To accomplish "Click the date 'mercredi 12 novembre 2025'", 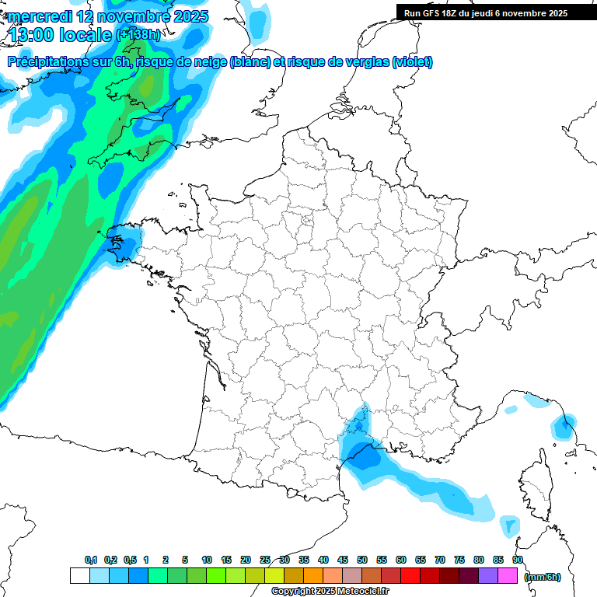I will [x=108, y=16].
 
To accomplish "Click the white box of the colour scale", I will [x=79, y=576].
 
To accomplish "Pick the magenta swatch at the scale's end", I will [x=508, y=576].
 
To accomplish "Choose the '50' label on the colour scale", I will [x=362, y=560].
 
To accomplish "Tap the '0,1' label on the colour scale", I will [x=90, y=560].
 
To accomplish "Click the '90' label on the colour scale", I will [x=518, y=560].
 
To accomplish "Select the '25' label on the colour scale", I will [x=265, y=560].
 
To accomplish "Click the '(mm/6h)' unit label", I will [x=542, y=577].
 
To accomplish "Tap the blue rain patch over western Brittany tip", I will [x=126, y=243].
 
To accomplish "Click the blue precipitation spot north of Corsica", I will [x=564, y=425].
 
